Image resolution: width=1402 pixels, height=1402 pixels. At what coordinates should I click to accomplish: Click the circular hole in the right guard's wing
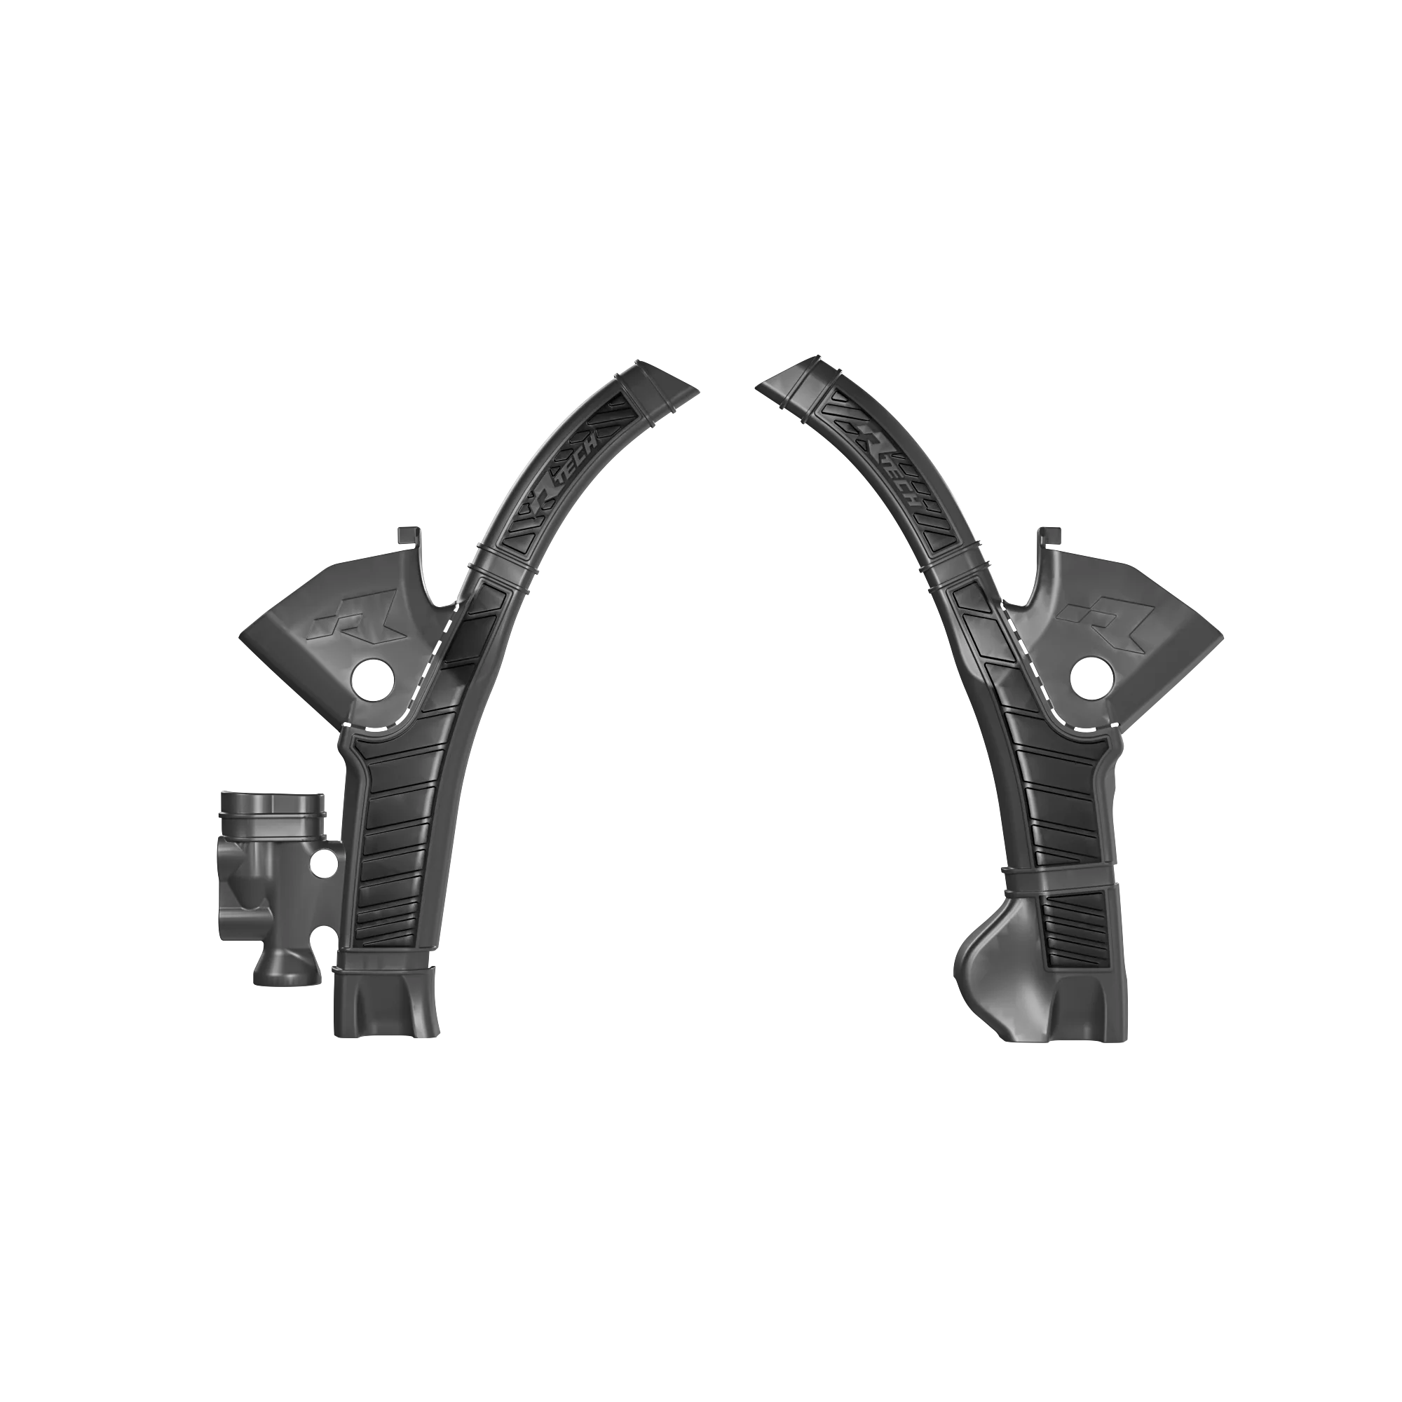(1094, 679)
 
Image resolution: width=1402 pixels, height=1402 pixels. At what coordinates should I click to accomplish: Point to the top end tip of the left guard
(698, 390)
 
